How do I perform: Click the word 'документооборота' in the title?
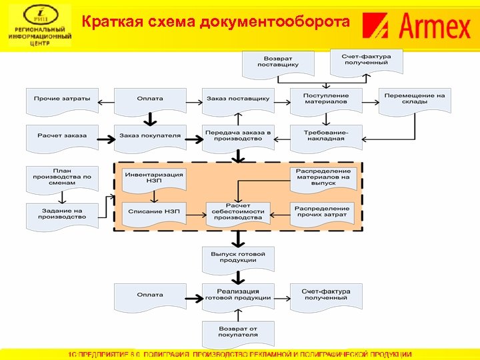click(291, 23)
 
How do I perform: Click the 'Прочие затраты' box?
click(62, 98)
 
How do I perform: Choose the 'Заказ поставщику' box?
click(238, 98)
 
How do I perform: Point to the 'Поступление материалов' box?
click(325, 99)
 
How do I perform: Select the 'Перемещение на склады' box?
click(413, 99)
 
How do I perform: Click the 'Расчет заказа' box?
click(62, 135)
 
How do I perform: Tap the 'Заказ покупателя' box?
click(149, 135)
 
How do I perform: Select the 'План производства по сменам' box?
click(62, 178)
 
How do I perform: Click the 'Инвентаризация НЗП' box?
click(153, 178)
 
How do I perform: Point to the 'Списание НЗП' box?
click(153, 211)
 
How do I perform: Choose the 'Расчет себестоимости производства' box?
click(238, 212)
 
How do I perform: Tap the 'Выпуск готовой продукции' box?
click(238, 257)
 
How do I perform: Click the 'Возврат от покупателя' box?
click(238, 332)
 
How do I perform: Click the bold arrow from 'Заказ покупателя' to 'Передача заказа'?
click(193, 139)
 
